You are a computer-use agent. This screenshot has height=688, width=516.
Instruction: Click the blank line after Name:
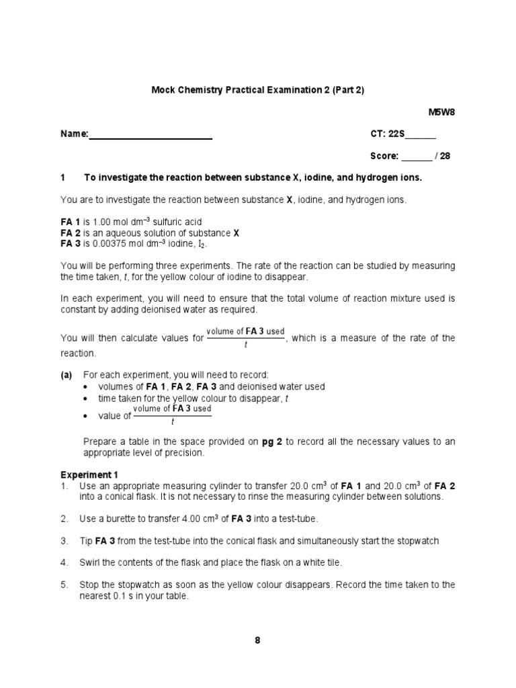pos(150,134)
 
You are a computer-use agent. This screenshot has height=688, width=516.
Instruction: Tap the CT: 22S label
pos(387,134)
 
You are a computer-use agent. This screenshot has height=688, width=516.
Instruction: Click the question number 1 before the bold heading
pos(63,177)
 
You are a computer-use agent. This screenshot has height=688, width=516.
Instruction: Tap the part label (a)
pos(67,374)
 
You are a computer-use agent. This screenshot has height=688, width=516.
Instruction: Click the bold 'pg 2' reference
pos(273,441)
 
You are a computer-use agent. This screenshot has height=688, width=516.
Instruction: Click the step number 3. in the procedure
pos(64,540)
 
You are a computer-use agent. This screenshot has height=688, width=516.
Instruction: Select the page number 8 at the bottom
pos(257,640)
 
